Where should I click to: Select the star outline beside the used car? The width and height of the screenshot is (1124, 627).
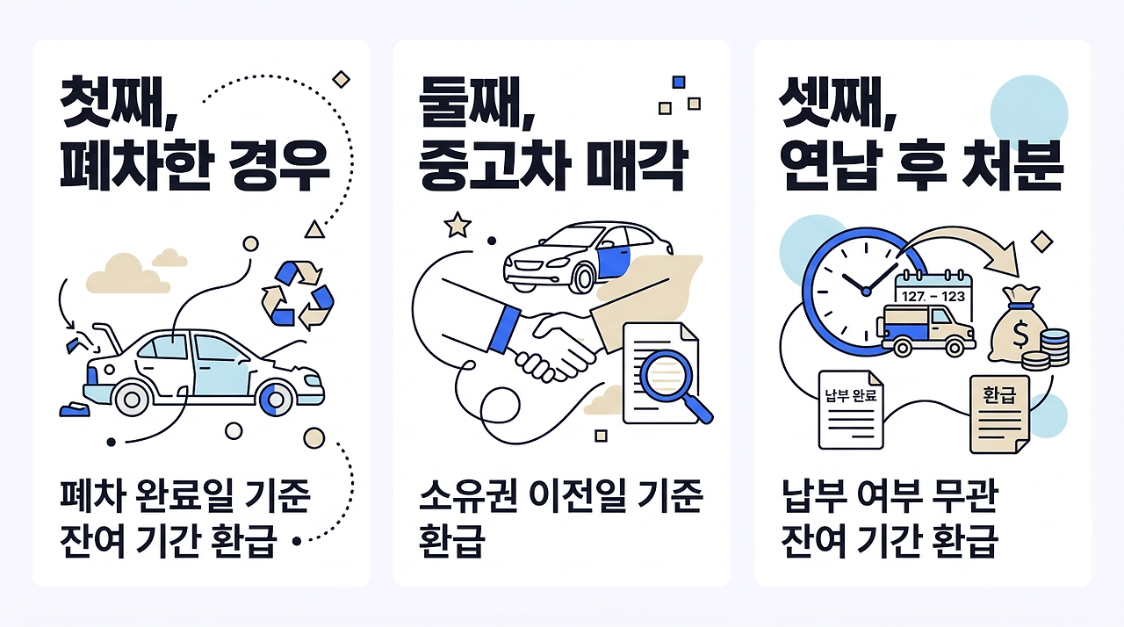pos(457,226)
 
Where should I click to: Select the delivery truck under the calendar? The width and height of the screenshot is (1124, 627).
pos(928,329)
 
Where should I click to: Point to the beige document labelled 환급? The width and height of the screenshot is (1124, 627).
pos(998,414)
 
